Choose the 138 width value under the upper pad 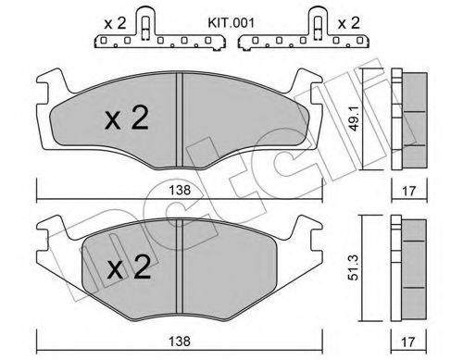pyautogui.click(x=186, y=189)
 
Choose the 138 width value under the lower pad pyautogui.click(x=186, y=342)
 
